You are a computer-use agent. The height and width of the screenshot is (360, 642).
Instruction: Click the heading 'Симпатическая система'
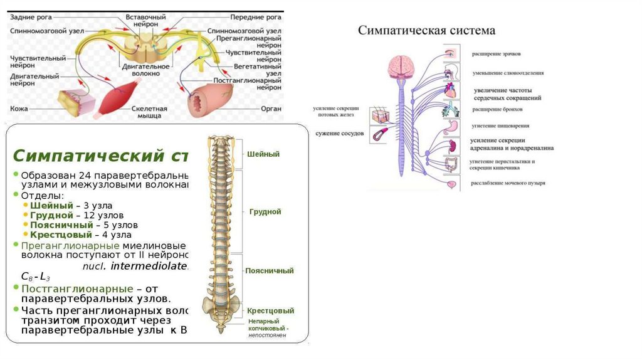(x=426, y=30)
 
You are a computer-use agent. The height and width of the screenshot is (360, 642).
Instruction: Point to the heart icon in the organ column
(x=451, y=92)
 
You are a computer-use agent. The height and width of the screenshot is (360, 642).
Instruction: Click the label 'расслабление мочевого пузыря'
(x=508, y=183)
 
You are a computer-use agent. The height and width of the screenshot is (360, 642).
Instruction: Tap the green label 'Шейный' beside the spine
(x=263, y=154)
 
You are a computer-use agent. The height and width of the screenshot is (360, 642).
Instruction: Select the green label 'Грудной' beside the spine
(x=265, y=212)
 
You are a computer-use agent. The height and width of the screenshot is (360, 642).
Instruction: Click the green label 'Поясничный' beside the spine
(x=270, y=271)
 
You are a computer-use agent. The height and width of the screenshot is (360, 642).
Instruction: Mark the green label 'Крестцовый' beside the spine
(x=270, y=310)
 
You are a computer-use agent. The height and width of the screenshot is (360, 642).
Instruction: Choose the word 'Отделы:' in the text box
(x=41, y=195)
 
